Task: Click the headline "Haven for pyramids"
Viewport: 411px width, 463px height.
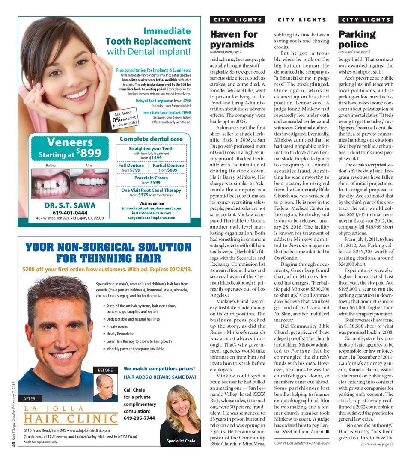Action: click(x=234, y=39)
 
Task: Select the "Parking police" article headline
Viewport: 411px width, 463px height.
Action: click(x=357, y=39)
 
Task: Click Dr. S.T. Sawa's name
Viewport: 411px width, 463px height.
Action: click(x=70, y=205)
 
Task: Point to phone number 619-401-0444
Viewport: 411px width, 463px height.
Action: click(x=70, y=213)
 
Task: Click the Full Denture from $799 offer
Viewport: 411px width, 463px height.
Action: click(x=131, y=168)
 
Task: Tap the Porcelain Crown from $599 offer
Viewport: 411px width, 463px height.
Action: click(x=151, y=180)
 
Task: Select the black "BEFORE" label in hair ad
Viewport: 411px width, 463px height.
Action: click(x=105, y=370)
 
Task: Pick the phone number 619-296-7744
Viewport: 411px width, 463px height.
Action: click(x=139, y=418)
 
